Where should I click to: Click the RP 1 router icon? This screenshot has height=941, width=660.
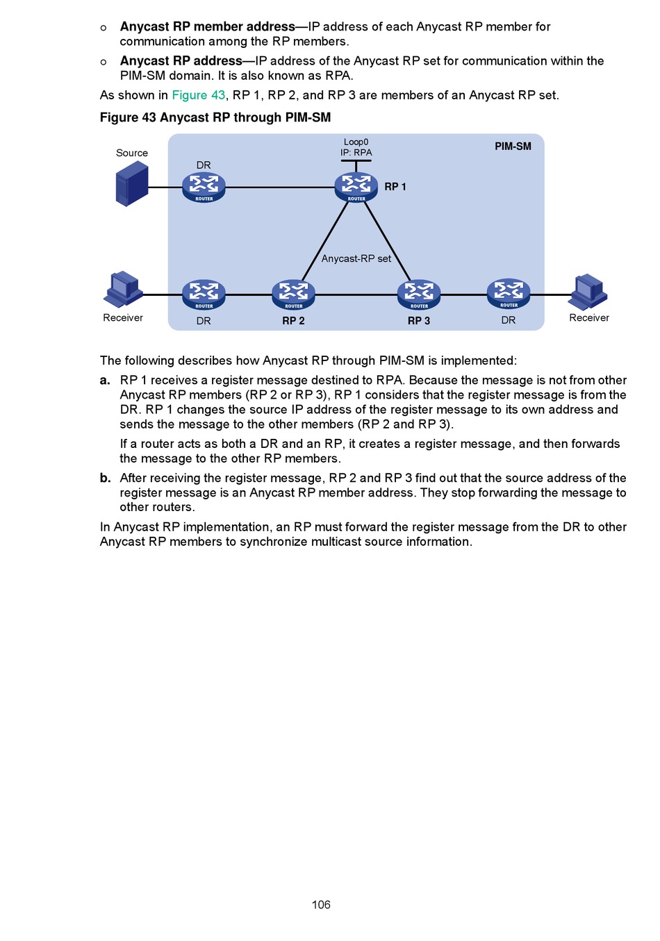356,187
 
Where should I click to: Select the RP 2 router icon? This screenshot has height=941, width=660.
293,294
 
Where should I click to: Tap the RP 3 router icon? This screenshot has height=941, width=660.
419,294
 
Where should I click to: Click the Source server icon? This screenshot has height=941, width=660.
132,184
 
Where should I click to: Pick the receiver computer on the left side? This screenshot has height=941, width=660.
123,289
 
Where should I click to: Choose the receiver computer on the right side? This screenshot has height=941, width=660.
588,291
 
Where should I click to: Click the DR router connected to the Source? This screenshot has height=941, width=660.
204,187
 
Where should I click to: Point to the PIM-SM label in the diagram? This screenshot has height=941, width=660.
513,147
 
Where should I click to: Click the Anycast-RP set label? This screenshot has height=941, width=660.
356,258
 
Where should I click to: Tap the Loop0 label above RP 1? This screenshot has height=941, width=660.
356,142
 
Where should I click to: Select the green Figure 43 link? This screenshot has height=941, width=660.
199,95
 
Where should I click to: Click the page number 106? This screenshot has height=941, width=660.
321,904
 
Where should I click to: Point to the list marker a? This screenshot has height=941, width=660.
105,380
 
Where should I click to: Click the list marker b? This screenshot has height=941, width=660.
105,478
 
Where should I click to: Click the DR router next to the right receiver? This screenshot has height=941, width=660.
509,293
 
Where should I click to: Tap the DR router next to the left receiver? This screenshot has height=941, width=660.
204,294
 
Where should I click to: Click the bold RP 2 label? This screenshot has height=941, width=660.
293,321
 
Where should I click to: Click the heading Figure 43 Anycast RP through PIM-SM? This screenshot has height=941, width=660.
215,117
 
